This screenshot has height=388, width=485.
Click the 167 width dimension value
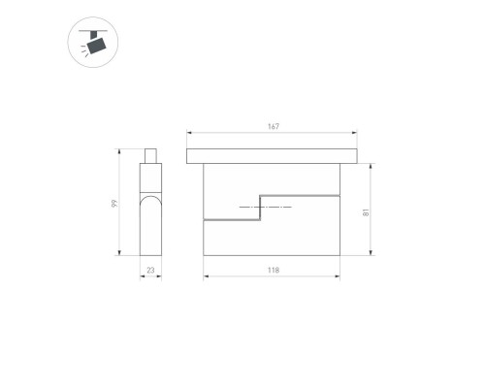(x=274, y=127)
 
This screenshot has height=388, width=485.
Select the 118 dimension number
(x=274, y=270)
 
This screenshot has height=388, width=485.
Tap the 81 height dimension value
(x=366, y=210)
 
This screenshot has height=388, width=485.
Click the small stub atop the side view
(x=150, y=155)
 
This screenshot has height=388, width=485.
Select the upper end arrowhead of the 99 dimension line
(x=120, y=150)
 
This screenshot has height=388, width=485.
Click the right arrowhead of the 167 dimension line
(x=354, y=134)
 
